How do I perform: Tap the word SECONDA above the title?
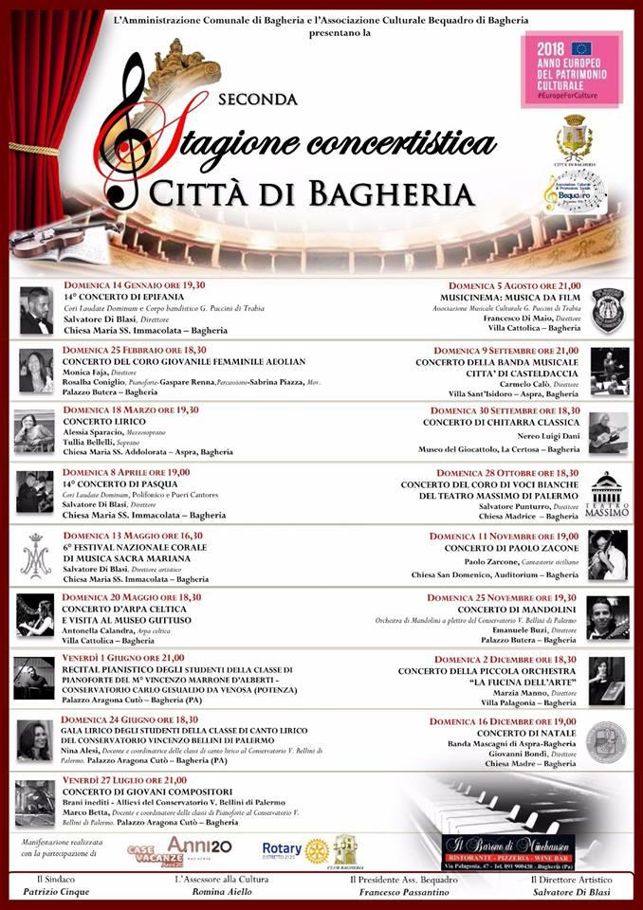click(258, 99)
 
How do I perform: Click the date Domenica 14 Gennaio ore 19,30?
click(134, 285)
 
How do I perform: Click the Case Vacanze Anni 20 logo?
click(179, 849)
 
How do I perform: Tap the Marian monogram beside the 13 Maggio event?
click(36, 557)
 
